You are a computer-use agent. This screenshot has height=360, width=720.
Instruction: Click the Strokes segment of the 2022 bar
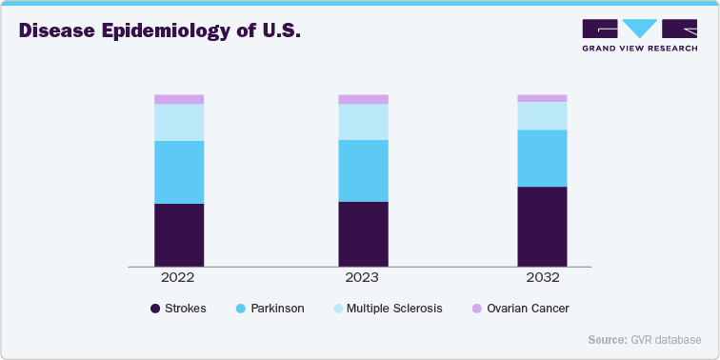click(179, 234)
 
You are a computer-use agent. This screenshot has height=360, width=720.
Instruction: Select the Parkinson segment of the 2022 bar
click(179, 172)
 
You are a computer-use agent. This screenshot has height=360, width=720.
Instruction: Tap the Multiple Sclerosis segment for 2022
click(179, 122)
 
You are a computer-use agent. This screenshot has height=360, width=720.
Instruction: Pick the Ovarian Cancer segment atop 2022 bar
click(179, 99)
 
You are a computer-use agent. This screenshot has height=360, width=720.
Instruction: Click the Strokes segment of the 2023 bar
click(363, 233)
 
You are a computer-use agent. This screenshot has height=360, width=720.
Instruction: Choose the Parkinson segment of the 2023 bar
click(363, 170)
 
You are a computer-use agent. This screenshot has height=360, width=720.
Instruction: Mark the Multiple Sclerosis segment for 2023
click(363, 122)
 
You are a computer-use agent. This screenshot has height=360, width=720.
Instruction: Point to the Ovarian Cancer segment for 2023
click(363, 99)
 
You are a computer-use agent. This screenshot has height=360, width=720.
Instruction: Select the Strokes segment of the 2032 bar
click(542, 226)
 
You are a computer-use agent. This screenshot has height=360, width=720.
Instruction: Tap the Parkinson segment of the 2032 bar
click(542, 158)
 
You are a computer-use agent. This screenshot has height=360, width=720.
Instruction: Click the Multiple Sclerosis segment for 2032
click(542, 115)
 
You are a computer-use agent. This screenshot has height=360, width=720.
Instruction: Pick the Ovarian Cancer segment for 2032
click(542, 98)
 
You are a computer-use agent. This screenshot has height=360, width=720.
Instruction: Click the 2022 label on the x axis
click(178, 278)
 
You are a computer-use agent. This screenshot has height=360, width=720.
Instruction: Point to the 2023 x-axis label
click(362, 278)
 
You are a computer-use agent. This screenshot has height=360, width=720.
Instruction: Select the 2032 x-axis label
click(542, 278)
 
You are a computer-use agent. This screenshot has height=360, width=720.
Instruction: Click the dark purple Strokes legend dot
click(155, 309)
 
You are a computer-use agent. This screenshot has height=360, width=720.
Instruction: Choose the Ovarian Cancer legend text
click(527, 309)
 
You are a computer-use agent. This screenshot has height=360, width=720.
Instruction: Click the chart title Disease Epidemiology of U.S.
click(160, 30)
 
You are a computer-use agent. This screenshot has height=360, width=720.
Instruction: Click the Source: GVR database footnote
click(645, 340)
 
